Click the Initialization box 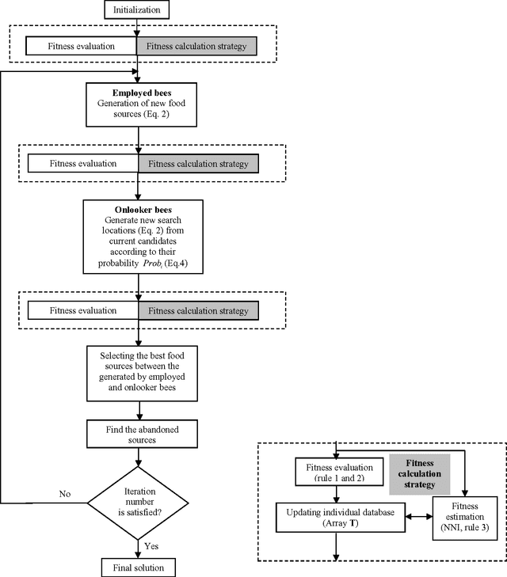pos(139,10)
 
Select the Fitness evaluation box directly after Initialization pos(82,46)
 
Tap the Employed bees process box pos(139,103)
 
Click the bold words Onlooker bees pos(139,209)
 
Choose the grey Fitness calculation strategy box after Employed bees pos(199,164)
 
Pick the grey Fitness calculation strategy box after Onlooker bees pos(199,311)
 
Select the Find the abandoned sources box pos(139,432)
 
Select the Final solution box pos(139,567)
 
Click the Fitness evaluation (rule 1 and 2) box pos(337,473)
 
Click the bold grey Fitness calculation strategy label pos(420,474)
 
